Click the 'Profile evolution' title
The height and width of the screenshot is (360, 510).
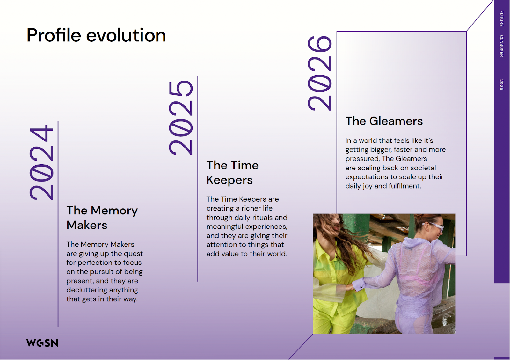96,35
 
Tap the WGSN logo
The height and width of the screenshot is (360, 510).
42,343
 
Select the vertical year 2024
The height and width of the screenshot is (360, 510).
41,162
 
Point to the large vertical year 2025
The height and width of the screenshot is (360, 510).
181,118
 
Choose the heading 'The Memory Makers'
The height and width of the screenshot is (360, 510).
102,218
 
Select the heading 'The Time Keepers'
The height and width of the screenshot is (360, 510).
232,172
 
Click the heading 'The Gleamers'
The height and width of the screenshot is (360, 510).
384,121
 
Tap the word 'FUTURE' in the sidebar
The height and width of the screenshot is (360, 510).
501,18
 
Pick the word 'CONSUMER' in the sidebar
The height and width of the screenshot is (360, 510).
501,46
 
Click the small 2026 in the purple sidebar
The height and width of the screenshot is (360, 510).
501,85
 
